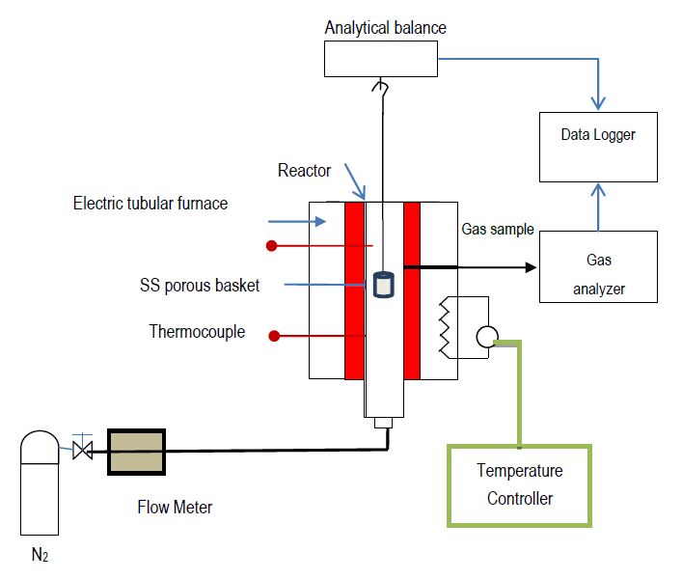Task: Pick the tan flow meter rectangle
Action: pyautogui.click(x=135, y=452)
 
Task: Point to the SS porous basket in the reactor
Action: pyautogui.click(x=383, y=284)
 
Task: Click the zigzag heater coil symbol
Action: pyautogui.click(x=445, y=326)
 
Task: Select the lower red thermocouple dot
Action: pyautogui.click(x=274, y=336)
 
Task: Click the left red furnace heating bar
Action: pyautogui.click(x=354, y=289)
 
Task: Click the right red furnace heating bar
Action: pyautogui.click(x=413, y=289)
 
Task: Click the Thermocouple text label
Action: pyautogui.click(x=197, y=332)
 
